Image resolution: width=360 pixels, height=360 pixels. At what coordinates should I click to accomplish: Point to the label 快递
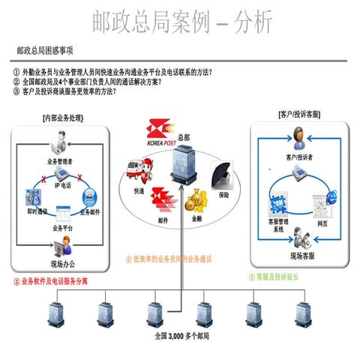tap(139, 191)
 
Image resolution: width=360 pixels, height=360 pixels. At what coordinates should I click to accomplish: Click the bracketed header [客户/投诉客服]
tap(299, 114)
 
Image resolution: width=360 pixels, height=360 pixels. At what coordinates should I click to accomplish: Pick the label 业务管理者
tap(60, 161)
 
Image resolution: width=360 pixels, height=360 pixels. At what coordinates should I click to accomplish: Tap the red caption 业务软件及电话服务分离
tap(50, 283)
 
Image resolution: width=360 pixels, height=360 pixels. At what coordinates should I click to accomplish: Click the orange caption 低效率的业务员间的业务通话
tap(169, 259)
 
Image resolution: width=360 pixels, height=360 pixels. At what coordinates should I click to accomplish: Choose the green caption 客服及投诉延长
tap(276, 277)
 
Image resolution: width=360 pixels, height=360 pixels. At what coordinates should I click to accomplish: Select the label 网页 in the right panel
tap(322, 222)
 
